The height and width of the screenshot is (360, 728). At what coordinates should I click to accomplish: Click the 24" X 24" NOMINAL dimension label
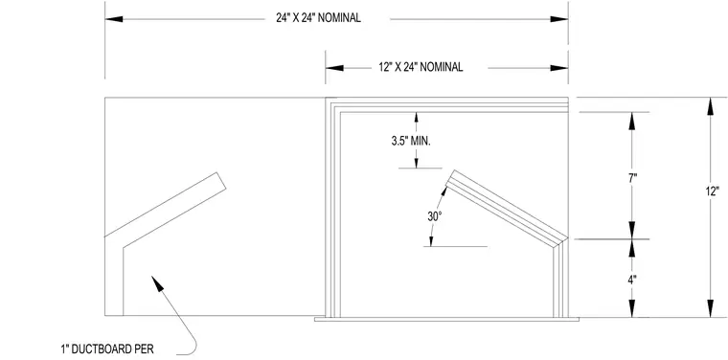(318, 18)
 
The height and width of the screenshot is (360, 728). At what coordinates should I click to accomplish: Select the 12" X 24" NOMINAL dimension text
(421, 67)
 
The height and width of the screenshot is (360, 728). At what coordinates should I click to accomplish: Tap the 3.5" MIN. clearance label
(411, 142)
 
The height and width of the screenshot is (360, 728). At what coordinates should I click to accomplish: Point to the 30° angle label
(434, 216)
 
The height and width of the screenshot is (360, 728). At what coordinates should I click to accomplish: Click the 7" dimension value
(632, 179)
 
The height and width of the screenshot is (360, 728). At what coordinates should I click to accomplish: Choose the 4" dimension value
(632, 280)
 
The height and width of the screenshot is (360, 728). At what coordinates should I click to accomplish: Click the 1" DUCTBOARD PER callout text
(107, 349)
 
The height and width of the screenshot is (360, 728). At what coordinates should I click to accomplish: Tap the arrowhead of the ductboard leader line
(157, 283)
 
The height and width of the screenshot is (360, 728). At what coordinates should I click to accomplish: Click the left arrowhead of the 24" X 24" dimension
(114, 19)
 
